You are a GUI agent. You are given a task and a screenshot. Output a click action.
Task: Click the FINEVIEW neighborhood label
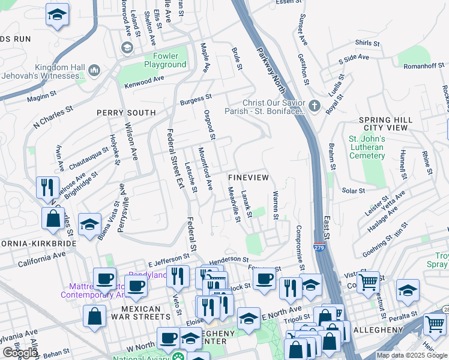(x=249, y=178)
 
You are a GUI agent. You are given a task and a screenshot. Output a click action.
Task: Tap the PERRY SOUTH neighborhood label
(x=127, y=112)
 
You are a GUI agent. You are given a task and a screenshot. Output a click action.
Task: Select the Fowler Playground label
(x=165, y=61)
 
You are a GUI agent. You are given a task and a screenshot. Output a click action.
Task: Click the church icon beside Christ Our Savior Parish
(x=315, y=106)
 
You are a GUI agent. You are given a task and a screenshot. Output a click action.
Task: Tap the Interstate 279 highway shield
(x=319, y=247)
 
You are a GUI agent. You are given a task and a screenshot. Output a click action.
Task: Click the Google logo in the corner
(x=20, y=353)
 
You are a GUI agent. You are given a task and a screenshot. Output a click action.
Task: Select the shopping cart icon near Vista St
(x=367, y=281)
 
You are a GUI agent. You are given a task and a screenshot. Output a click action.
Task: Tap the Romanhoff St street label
(x=423, y=66)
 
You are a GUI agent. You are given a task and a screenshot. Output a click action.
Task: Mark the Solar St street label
(x=353, y=191)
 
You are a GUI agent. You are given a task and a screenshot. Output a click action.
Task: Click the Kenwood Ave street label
(x=144, y=82)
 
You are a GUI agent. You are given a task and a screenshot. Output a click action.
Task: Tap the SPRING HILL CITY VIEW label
(x=386, y=124)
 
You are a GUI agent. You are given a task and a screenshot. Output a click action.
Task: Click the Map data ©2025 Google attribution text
(x=412, y=355)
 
